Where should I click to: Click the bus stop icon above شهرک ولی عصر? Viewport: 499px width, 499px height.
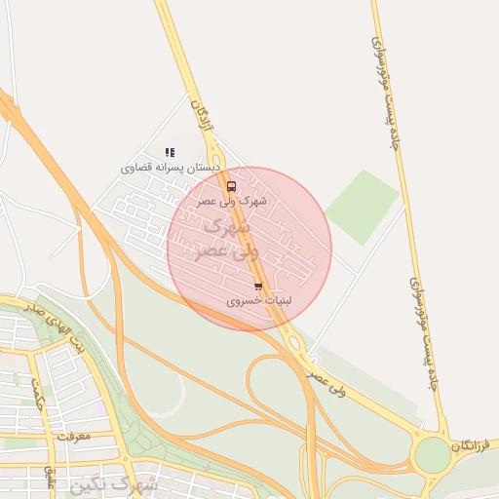(231, 185)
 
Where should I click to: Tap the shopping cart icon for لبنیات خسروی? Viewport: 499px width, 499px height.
(257, 287)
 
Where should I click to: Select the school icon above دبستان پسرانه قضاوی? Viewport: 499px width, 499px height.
(170, 152)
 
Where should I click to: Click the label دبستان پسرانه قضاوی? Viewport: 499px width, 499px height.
(170, 168)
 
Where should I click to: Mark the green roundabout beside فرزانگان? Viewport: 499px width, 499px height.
(432, 455)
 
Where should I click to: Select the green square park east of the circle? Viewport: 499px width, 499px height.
(362, 207)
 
